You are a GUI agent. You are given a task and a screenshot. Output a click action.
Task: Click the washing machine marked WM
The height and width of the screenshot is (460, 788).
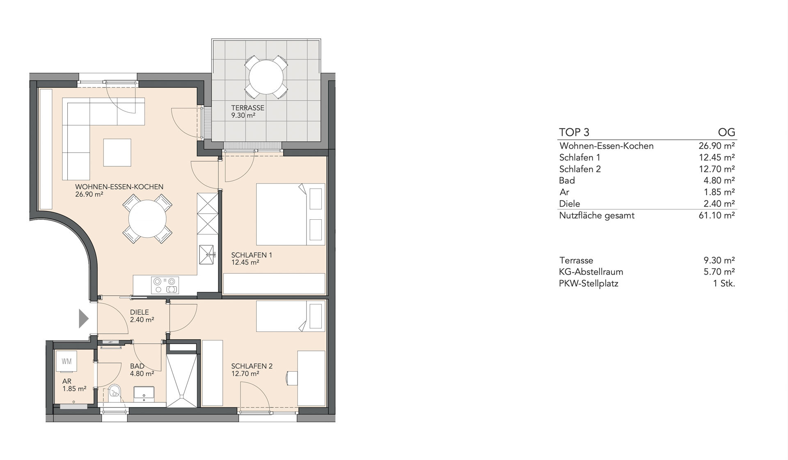click(x=66, y=362)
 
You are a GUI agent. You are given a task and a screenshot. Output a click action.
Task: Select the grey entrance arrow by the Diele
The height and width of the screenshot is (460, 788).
click(x=84, y=318)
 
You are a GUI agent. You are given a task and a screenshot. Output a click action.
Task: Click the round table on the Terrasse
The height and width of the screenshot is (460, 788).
click(x=266, y=77)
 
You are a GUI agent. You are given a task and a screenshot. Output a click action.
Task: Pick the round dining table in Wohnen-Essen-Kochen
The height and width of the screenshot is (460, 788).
click(x=148, y=218)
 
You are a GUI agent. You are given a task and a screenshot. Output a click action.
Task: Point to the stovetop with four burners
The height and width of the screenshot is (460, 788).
click(x=165, y=285)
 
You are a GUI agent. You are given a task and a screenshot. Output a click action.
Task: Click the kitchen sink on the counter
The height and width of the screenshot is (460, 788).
click(x=206, y=255)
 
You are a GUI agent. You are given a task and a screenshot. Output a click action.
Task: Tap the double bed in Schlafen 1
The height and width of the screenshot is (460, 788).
click(x=291, y=214)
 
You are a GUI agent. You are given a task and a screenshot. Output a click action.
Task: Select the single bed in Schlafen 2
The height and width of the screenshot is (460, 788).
click(x=291, y=316)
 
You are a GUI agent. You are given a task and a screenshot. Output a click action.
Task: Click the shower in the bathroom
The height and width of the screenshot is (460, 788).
click(x=183, y=380)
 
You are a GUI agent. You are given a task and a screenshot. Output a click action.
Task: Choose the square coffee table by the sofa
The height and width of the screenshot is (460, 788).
click(x=117, y=152)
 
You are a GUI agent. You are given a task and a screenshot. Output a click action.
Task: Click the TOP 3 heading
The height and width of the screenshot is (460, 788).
click(x=574, y=132)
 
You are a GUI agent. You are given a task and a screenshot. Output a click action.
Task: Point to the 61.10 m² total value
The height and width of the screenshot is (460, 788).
click(x=717, y=215)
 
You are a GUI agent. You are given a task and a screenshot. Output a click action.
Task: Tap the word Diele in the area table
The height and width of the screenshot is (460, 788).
click(x=570, y=204)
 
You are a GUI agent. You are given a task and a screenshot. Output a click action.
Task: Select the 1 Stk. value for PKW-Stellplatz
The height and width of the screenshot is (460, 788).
click(x=724, y=283)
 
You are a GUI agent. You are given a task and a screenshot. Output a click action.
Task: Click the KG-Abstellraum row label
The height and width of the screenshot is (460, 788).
click(x=591, y=272)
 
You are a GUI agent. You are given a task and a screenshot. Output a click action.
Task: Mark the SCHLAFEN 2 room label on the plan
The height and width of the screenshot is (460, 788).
click(x=252, y=366)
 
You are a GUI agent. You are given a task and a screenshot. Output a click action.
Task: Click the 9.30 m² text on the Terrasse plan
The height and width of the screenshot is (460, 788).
click(x=243, y=115)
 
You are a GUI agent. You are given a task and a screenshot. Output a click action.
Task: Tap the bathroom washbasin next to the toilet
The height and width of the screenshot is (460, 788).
click(x=144, y=393)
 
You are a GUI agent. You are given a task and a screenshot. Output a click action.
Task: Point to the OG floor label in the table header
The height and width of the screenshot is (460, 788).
click(x=726, y=132)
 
